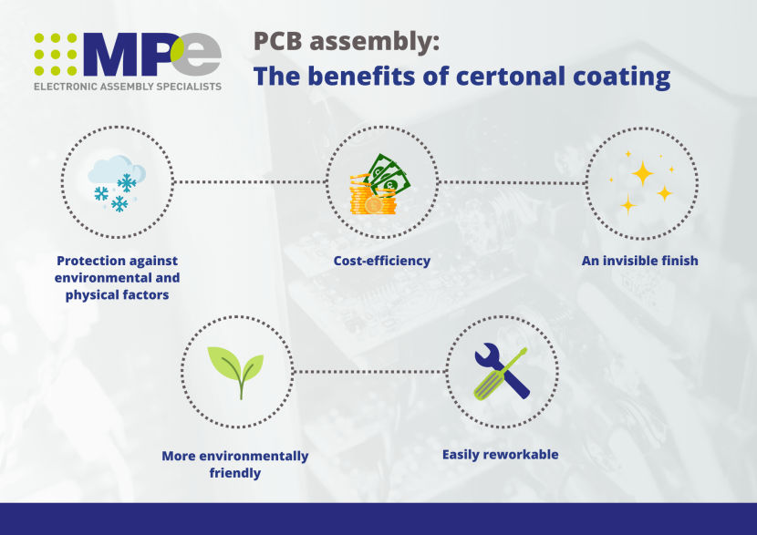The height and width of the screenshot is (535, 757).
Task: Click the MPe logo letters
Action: pos(150,55)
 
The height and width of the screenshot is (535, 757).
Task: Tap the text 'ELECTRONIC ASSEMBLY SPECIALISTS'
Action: pos(127,87)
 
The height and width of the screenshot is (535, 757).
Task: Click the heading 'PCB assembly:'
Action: pos(346,41)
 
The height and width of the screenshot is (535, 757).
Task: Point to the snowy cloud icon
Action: pos(117,182)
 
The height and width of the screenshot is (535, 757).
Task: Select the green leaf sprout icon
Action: pos(238,370)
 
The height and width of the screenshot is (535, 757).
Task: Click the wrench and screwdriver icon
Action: pos(501,372)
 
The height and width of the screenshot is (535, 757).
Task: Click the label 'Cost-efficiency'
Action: pos(382,261)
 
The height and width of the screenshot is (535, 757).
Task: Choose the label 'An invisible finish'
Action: pos(640,261)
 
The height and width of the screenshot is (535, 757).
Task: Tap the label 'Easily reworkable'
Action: pos(500,454)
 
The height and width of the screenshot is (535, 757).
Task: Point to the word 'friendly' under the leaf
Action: pos(235,473)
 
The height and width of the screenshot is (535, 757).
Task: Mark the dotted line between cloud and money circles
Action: pos(249,182)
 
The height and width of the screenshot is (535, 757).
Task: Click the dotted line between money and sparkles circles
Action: pos(512,182)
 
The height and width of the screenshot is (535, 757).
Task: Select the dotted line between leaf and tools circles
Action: pos(368,372)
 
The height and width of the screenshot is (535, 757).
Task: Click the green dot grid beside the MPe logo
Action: pos(55,54)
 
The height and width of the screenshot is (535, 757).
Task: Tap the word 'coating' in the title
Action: pos(617,76)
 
